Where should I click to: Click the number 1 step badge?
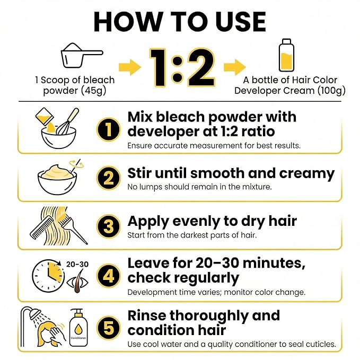(108, 129)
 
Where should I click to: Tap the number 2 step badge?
(108, 178)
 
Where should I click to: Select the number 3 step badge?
(108, 226)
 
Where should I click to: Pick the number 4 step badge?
(108, 276)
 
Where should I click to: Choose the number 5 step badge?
(108, 328)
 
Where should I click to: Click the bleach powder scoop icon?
(82, 55)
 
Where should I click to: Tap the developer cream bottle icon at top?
(286, 55)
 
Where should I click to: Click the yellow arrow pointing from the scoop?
(130, 67)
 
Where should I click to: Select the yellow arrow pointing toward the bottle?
(235, 67)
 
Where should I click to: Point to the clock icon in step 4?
(48, 276)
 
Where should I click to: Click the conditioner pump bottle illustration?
(78, 328)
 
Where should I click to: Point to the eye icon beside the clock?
(77, 283)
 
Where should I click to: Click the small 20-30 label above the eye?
(77, 264)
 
